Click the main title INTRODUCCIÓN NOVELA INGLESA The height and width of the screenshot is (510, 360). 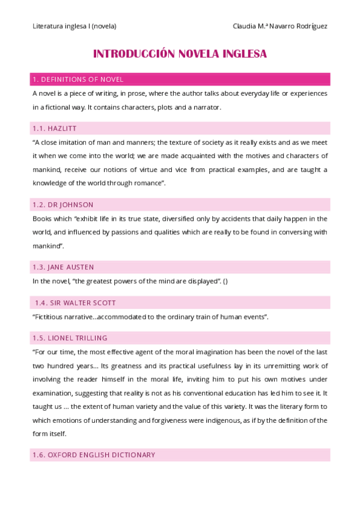[180, 54]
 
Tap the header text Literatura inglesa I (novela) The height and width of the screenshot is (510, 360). [74, 26]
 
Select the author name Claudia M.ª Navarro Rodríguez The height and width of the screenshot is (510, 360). [280, 26]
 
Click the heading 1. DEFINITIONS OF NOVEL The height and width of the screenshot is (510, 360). [78, 79]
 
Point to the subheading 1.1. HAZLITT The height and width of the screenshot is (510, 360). [55, 129]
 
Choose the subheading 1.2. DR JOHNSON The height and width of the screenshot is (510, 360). [63, 204]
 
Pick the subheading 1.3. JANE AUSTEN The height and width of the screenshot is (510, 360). [63, 267]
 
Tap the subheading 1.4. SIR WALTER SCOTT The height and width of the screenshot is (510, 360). [75, 303]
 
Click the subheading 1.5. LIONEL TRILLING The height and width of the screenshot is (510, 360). [70, 338]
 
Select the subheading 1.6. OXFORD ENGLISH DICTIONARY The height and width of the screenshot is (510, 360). [94, 455]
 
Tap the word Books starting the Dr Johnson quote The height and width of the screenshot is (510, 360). [42, 218]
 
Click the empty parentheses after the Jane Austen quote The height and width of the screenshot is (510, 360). [225, 281]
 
